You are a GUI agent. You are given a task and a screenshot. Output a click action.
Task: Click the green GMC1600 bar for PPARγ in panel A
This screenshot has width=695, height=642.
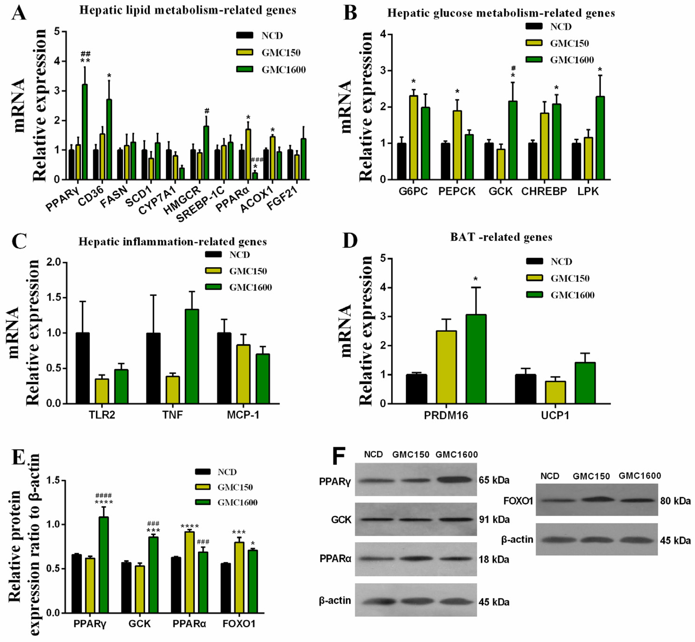coord(84,132)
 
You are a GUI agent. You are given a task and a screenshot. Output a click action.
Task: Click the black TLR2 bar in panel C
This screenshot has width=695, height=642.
coord(83,368)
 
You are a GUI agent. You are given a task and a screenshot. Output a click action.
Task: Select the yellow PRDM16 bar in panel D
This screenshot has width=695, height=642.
coord(446,367)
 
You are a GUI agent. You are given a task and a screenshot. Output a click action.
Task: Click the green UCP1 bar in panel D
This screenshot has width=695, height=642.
coord(585,383)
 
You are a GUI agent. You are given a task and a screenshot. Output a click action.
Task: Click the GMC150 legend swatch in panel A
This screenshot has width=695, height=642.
coord(245,52)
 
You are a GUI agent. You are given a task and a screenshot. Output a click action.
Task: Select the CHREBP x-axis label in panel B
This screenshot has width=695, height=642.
coord(544,191)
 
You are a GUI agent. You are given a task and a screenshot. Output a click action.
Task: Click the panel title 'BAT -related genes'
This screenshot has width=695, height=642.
coord(501,237)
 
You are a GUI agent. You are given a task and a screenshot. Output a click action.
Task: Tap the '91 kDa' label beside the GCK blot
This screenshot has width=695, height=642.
coord(494,520)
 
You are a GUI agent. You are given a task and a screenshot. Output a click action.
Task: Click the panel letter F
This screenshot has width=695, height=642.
coord(339,456)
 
